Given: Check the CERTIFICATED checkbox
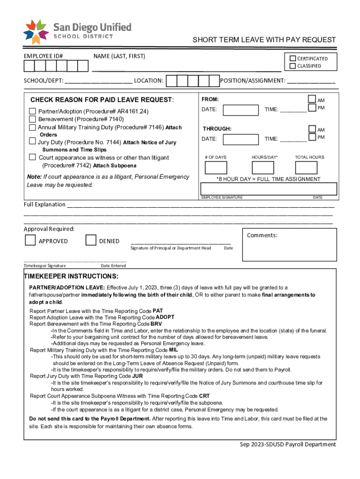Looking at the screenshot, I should (x=293, y=58).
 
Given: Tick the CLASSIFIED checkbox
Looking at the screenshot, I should (x=293, y=66).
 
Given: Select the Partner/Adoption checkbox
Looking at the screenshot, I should (x=32, y=111).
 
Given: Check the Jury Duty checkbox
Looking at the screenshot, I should (x=32, y=141).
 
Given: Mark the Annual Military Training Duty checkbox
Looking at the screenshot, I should (x=32, y=127).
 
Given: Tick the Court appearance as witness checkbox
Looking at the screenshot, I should (x=32, y=157).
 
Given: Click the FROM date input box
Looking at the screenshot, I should (x=241, y=110).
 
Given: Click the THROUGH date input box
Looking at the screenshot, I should (x=241, y=139).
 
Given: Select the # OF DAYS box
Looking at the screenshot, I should (x=216, y=167).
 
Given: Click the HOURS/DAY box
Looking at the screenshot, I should (x=263, y=167).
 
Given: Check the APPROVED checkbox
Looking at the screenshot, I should (x=30, y=240).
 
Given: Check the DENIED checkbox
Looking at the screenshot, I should (x=91, y=240).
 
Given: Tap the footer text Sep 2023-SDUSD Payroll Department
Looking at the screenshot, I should (x=285, y=445).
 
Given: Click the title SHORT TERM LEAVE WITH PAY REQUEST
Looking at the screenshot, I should (x=264, y=40).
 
